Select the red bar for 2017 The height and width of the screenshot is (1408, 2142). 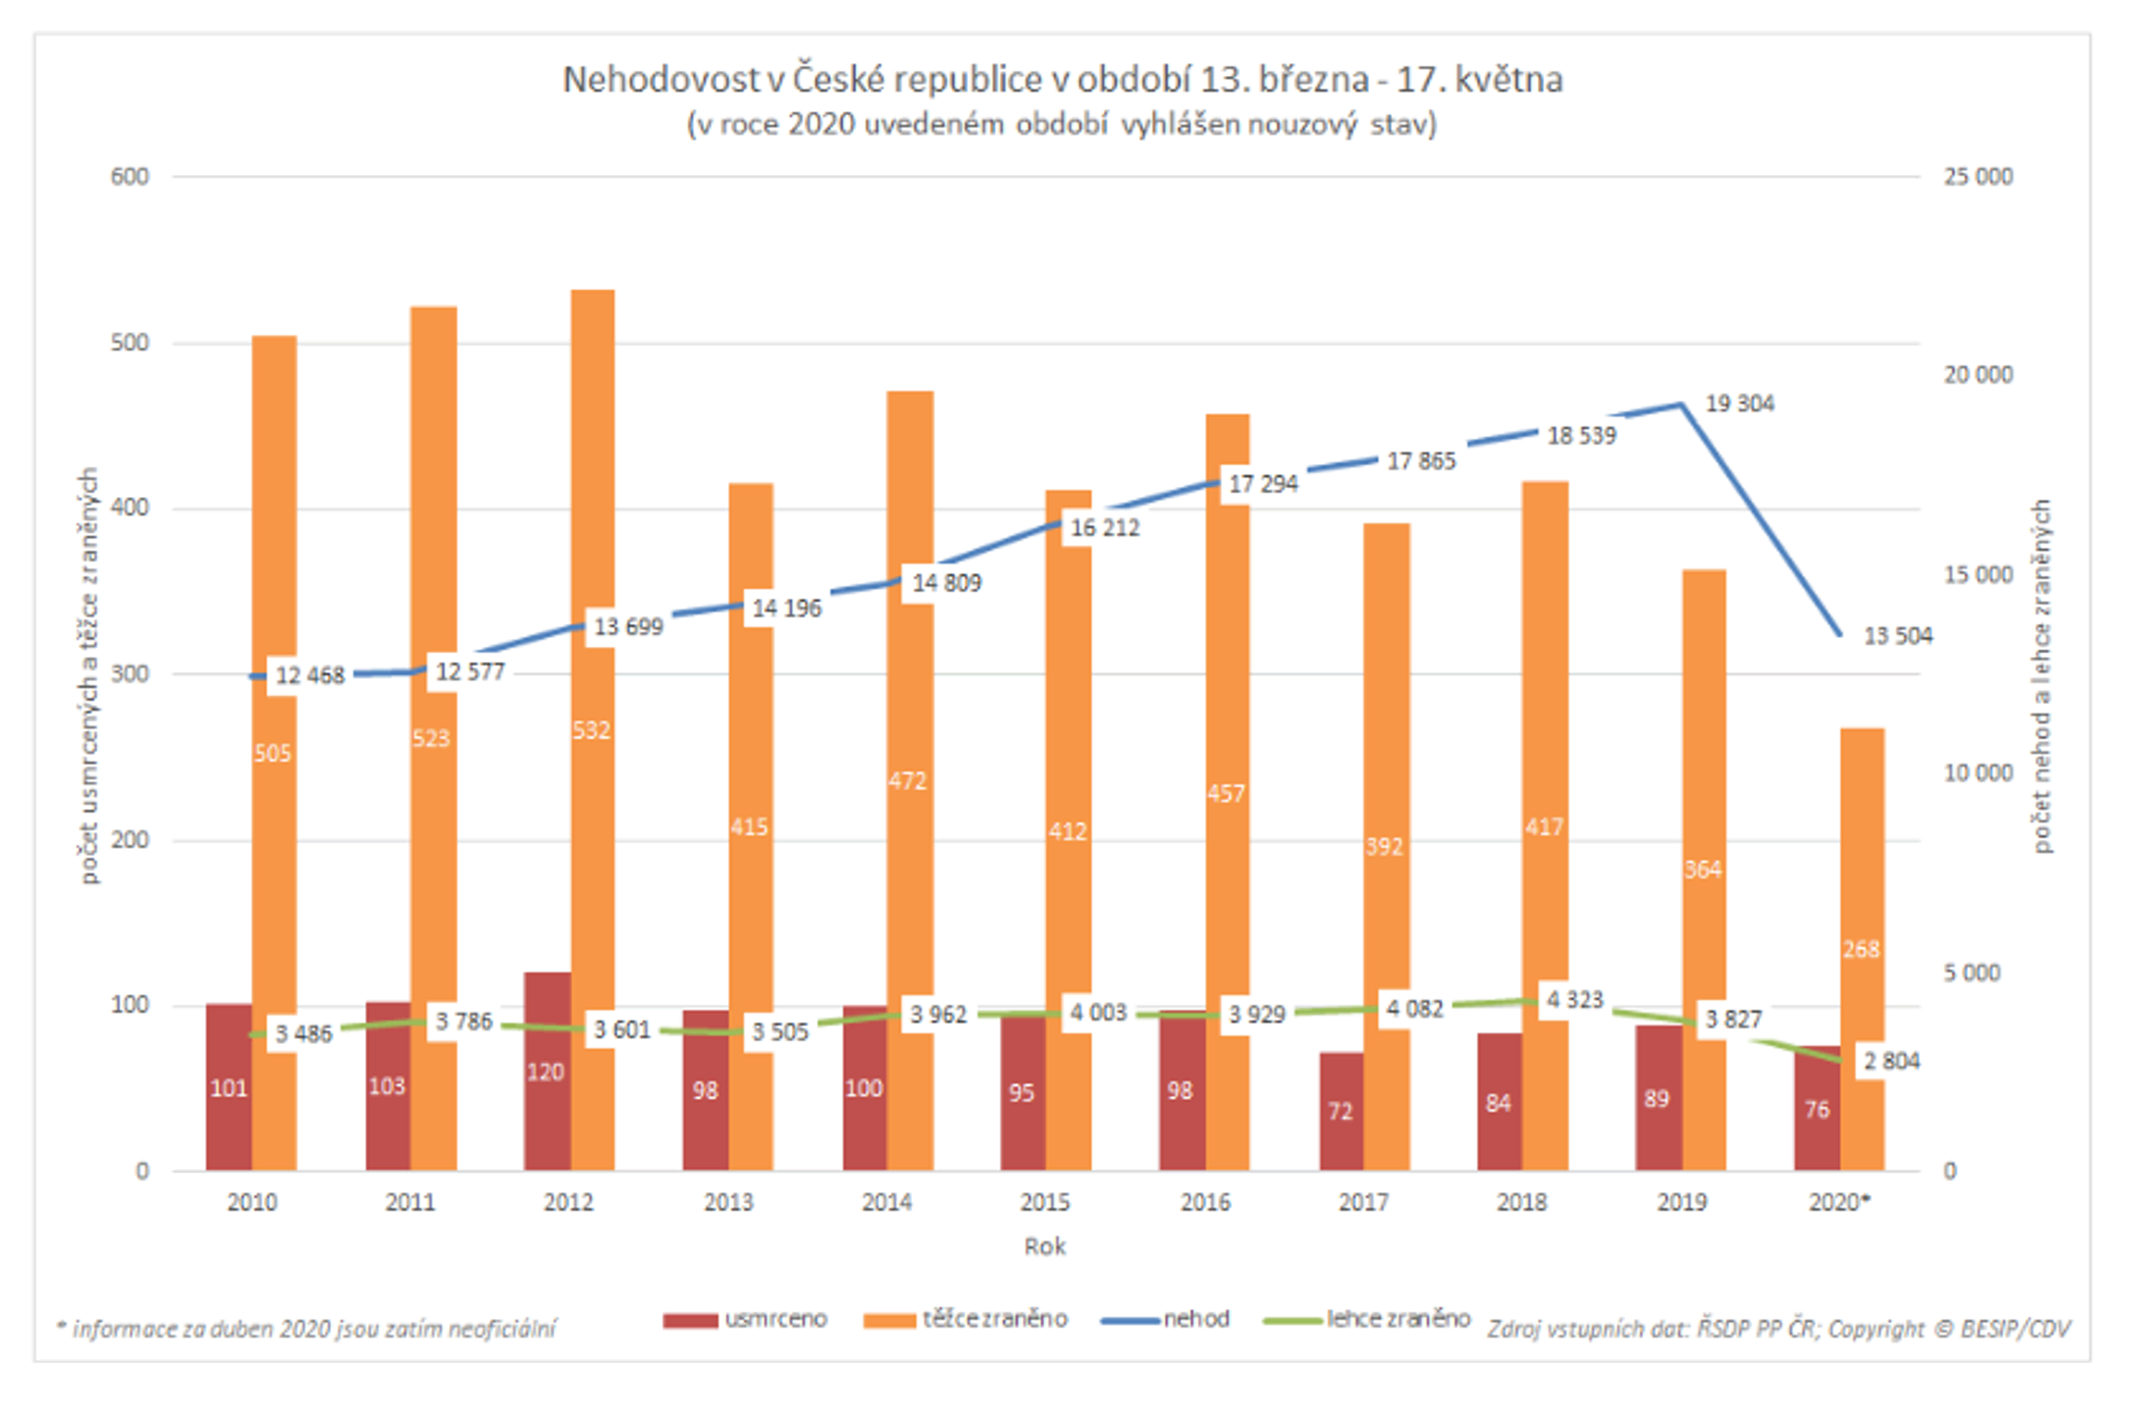pos(1341,1112)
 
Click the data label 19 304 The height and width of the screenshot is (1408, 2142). pos(1739,404)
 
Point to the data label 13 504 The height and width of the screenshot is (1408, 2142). pos(1897,636)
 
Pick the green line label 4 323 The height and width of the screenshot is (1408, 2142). pos(1575,999)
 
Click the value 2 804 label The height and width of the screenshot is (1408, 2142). pos(1891,1062)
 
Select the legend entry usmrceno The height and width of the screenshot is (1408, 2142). pos(745,1319)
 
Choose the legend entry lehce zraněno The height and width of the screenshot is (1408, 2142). pos(1368,1319)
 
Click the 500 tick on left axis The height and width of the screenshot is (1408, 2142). pos(129,343)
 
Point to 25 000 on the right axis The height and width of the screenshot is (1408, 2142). pos(1977,177)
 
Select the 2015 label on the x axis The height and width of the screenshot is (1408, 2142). pos(1045,1202)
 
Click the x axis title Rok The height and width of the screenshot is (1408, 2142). pos(1045,1246)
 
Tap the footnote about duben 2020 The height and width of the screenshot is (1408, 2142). pos(306,1329)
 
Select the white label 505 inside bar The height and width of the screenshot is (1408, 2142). pos(273,753)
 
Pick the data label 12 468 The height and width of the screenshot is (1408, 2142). pos(310,675)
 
